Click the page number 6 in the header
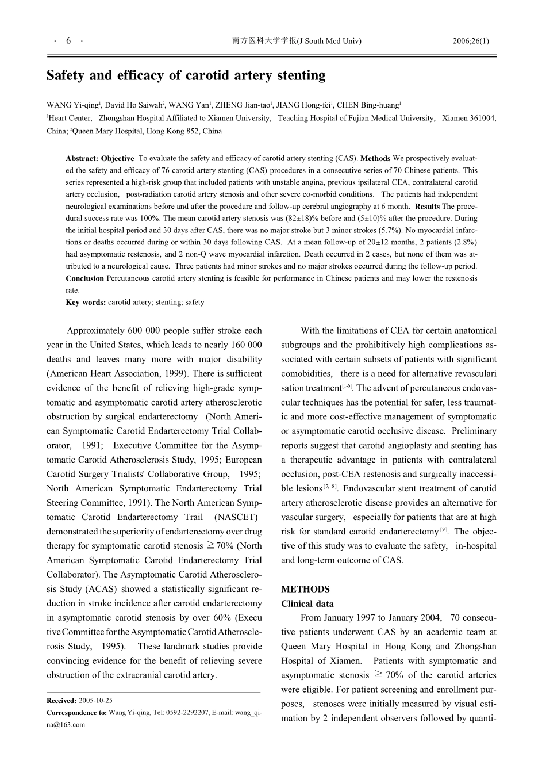[x=68, y=41]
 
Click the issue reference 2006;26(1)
[x=471, y=41]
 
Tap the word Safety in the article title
[x=66, y=75]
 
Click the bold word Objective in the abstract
[x=118, y=159]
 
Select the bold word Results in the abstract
[x=427, y=207]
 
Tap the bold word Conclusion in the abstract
[x=84, y=278]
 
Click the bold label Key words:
[x=86, y=302]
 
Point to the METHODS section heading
[x=305, y=589]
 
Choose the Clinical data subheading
[x=307, y=604]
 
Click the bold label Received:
[x=61, y=701]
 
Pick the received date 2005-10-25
[x=95, y=701]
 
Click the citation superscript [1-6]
[x=347, y=386]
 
